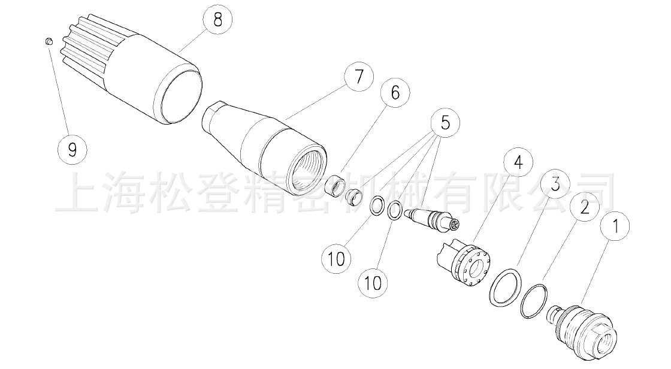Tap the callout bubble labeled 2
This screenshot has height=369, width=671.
click(585, 207)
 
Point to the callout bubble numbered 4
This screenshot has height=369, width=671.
click(518, 162)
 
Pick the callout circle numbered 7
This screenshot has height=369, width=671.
click(358, 77)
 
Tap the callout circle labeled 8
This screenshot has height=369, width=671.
click(217, 20)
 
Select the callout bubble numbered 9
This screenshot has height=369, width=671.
click(72, 149)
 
